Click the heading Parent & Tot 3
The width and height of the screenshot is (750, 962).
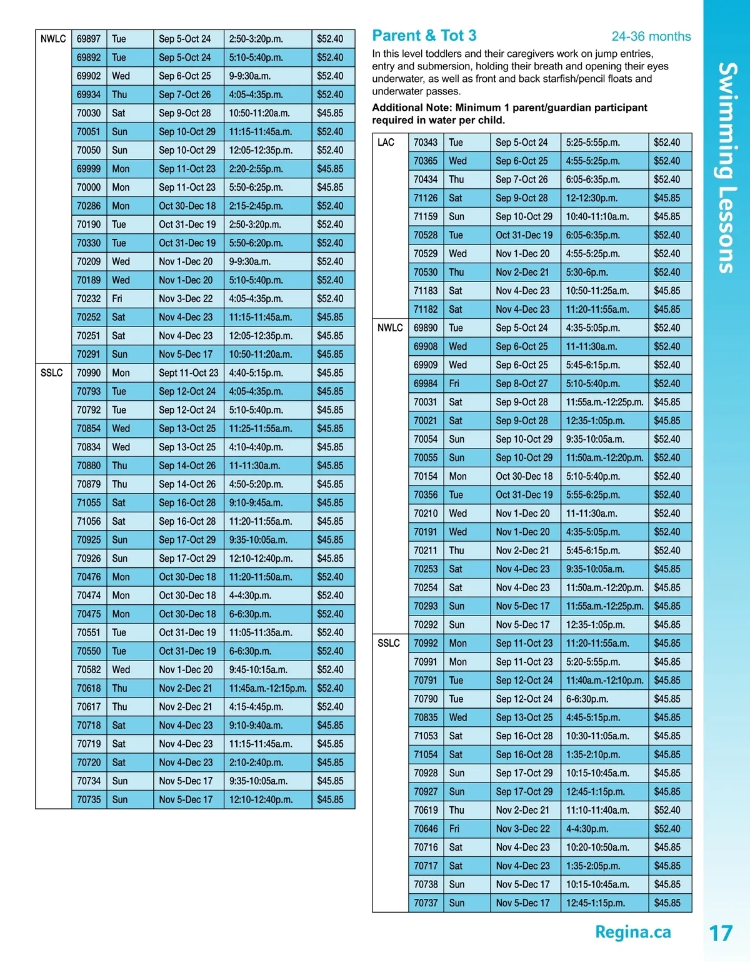click(x=424, y=36)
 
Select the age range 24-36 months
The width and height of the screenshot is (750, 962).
click(x=651, y=37)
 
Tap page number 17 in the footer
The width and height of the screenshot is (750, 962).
click(x=720, y=933)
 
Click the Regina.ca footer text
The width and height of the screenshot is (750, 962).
click(x=632, y=932)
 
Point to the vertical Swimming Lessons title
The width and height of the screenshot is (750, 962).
click(x=726, y=167)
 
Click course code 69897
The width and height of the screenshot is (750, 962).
click(x=89, y=39)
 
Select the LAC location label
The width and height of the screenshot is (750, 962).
click(x=386, y=143)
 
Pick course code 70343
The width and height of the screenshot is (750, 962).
click(x=426, y=143)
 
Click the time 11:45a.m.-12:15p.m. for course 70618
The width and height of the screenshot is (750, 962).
click(x=267, y=688)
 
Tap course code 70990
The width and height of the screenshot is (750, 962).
click(x=89, y=373)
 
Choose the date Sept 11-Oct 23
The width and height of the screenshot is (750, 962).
click(x=188, y=373)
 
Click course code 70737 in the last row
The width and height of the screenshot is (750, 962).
click(x=426, y=903)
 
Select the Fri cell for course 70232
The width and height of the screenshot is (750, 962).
click(x=117, y=299)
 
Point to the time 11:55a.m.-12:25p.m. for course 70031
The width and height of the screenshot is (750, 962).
click(x=604, y=402)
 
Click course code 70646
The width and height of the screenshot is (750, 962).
click(x=426, y=829)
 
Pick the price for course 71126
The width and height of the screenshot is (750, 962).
click(x=667, y=198)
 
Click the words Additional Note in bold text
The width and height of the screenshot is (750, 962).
click(x=411, y=108)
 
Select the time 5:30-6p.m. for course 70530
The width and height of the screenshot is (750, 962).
click(x=586, y=273)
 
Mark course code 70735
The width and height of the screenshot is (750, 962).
click(x=89, y=799)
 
